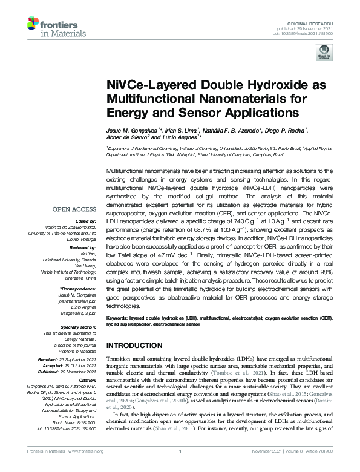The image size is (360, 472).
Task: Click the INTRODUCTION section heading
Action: tap(135, 346)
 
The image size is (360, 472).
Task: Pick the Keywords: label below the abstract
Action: tap(120, 318)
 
